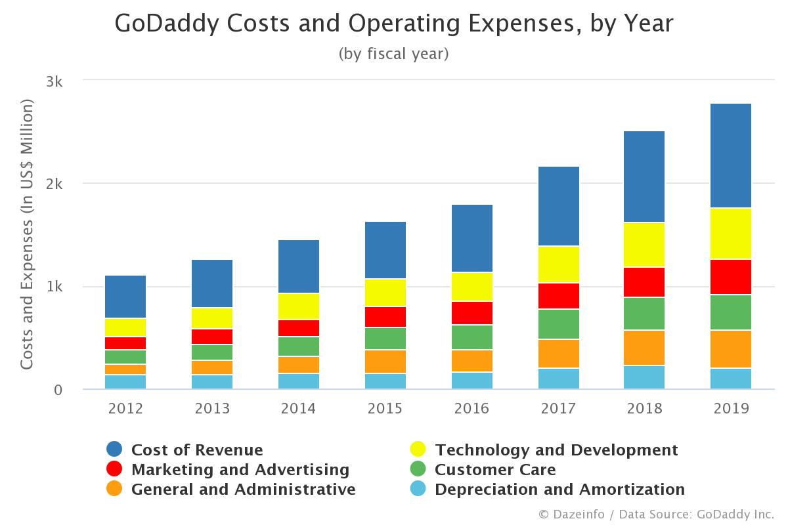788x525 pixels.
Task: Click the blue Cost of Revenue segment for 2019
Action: (x=731, y=156)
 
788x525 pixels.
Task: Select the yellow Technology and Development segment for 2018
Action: (x=644, y=245)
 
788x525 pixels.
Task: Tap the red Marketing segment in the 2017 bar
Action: (x=558, y=296)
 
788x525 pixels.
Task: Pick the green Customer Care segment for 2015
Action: (x=385, y=339)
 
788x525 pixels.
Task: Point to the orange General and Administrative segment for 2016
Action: (x=472, y=361)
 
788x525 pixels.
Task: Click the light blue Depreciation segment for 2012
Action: (x=125, y=382)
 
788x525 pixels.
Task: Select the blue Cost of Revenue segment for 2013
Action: (x=212, y=283)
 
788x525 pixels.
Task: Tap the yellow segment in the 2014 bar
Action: (x=299, y=306)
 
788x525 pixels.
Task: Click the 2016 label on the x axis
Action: (x=472, y=408)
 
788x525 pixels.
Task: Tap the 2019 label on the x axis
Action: (x=731, y=408)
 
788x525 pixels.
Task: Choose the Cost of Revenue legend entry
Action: (x=197, y=450)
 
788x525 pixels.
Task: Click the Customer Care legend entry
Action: (x=495, y=470)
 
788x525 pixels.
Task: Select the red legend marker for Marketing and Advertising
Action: (x=114, y=469)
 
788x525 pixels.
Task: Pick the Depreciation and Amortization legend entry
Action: (x=559, y=490)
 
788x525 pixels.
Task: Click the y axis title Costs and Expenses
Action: (x=27, y=234)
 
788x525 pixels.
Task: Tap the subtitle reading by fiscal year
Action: (x=393, y=54)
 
